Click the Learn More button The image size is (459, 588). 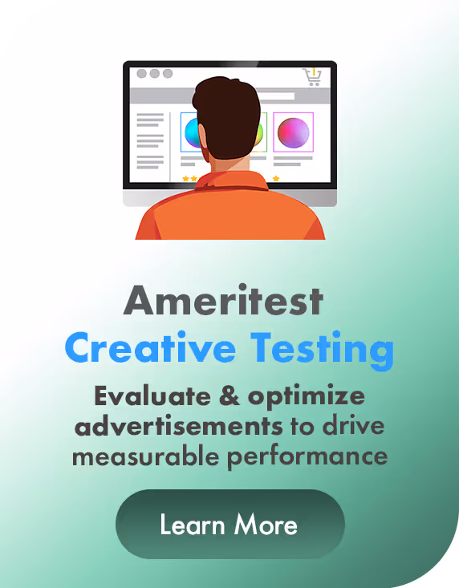pos(229,525)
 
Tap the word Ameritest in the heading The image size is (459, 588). pos(224,302)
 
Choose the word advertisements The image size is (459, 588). pos(178,425)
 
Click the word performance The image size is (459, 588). pos(316,457)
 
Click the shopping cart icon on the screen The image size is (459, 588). pos(312,76)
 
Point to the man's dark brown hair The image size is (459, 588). pos(226,108)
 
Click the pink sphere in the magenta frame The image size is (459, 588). pos(293,132)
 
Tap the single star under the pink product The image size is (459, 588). pos(276,178)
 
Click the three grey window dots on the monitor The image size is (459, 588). pos(154,73)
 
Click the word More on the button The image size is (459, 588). pos(266,525)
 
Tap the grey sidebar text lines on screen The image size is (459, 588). pos(149,140)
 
